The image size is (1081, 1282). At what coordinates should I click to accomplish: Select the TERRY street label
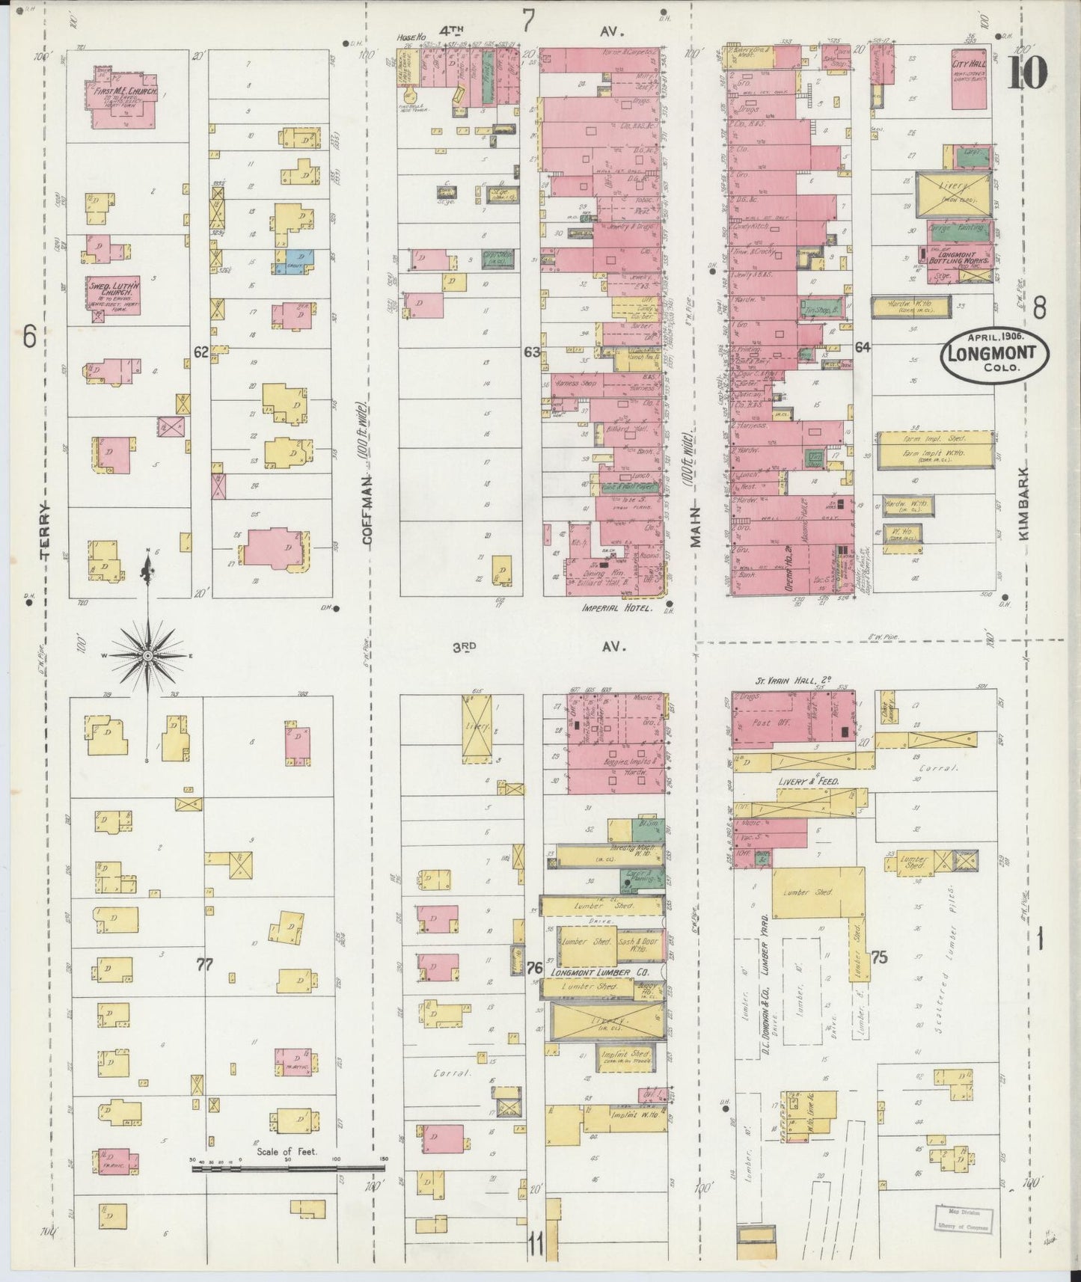pyautogui.click(x=46, y=532)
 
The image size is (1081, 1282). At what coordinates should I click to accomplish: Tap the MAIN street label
pyautogui.click(x=696, y=527)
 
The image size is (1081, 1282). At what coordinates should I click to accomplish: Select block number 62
pyautogui.click(x=200, y=352)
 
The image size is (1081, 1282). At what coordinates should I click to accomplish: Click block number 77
pyautogui.click(x=204, y=964)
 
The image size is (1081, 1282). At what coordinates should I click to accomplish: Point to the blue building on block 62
pyautogui.click(x=295, y=260)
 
